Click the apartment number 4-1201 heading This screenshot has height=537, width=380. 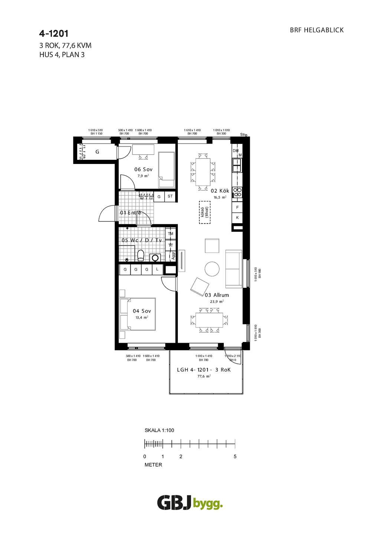coord(54,34)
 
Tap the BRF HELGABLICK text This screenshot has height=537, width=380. coord(317,30)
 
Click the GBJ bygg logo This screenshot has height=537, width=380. coord(190,503)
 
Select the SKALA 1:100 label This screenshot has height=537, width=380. coord(159,431)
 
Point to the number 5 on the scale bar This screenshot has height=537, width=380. coord(235,457)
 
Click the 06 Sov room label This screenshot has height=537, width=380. coord(143,169)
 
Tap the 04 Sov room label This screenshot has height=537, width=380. coord(142,311)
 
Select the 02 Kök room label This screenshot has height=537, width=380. coord(220,191)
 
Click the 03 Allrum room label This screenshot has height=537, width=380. coord(217,295)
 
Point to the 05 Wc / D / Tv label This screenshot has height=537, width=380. coord(142,240)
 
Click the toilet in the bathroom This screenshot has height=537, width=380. coord(141,256)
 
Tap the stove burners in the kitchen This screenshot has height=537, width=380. coord(237,192)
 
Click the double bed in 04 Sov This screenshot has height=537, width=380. coord(137,314)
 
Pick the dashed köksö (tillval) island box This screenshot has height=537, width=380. coord(204,213)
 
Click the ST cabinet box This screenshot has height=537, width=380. coord(170,196)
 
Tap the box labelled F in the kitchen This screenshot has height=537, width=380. coord(237,207)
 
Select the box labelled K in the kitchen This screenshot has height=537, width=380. coord(237,218)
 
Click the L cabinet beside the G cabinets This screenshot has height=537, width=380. coord(157,269)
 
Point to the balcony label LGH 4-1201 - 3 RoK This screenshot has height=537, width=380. coord(204,370)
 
